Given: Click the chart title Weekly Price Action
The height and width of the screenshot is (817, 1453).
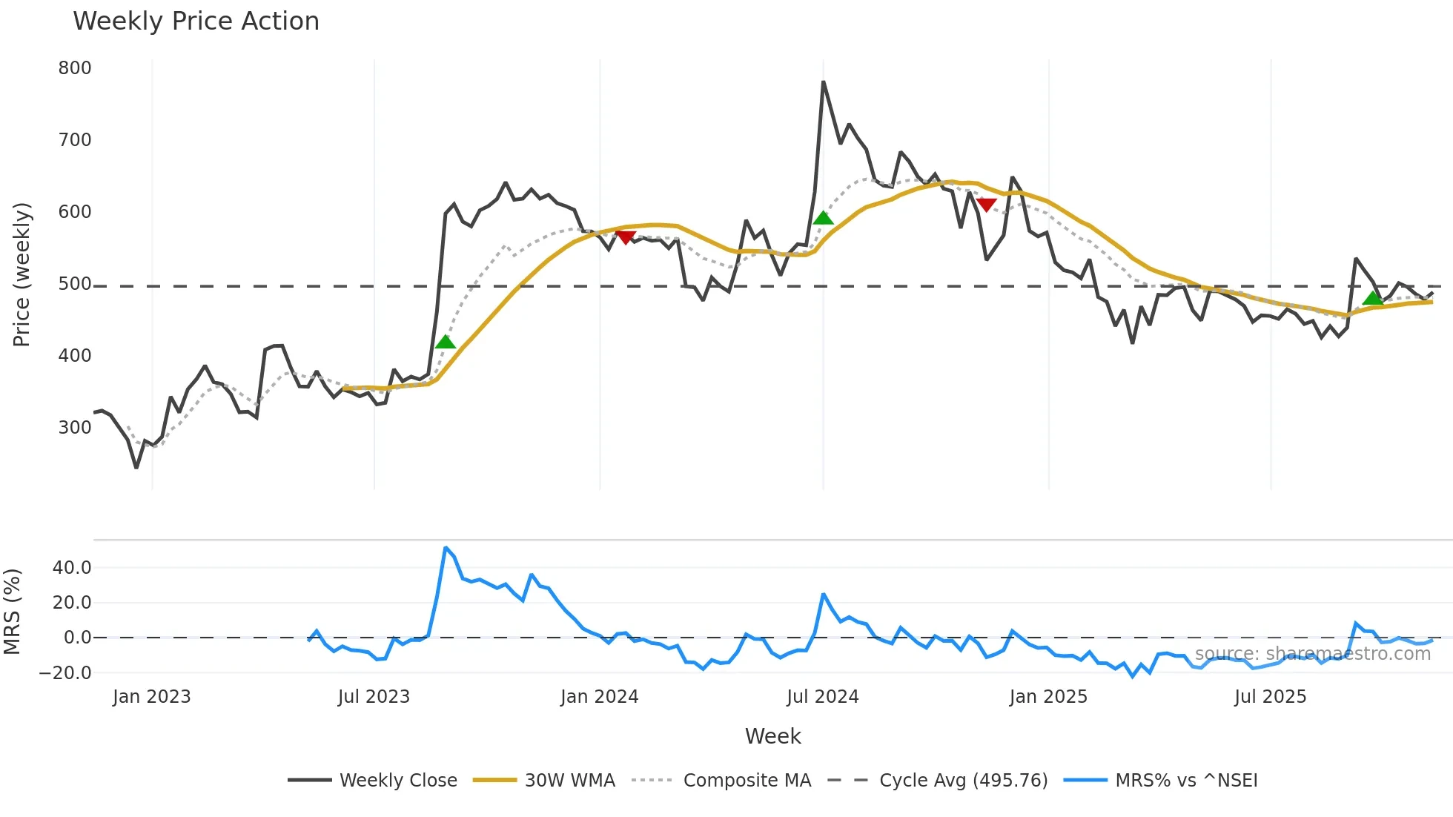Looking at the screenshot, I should tap(196, 21).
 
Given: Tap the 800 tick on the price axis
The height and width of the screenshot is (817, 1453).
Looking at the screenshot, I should tap(75, 68).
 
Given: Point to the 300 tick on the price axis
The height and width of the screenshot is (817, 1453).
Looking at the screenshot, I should tap(75, 428).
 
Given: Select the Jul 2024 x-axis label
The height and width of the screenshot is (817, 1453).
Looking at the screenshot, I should tap(822, 697).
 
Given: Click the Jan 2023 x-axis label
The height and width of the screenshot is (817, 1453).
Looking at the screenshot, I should tap(152, 697).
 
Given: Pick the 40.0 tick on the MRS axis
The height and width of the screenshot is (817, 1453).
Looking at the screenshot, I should tap(72, 568).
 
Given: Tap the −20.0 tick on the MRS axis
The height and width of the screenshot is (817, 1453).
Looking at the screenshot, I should tap(66, 673).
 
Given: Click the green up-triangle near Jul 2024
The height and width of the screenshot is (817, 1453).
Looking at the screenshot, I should tap(823, 218).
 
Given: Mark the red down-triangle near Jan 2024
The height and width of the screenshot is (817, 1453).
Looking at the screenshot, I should tap(626, 237).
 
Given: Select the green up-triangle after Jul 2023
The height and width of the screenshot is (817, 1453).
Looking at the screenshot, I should tap(445, 342).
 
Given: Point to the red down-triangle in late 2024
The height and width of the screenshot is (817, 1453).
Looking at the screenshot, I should tap(986, 205).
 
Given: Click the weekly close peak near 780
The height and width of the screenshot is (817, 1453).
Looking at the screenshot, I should tap(824, 82).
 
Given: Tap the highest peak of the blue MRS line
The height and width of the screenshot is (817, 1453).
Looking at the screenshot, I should tap(445, 548).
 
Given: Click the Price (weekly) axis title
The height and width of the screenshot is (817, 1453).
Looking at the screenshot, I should tap(22, 274).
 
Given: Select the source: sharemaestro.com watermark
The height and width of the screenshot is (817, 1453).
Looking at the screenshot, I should tap(1312, 654).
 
